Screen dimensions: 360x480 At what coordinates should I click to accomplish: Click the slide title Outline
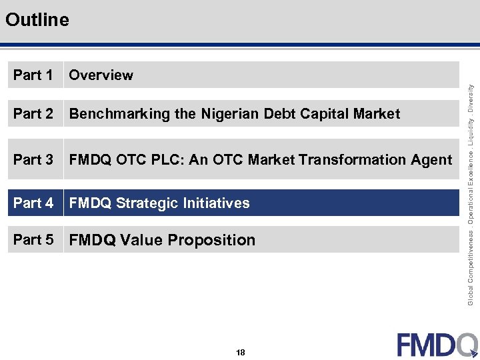pyautogui.click(x=37, y=20)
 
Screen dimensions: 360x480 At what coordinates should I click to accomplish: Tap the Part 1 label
pyautogui.click(x=33, y=75)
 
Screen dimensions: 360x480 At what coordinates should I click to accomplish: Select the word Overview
pyautogui.click(x=101, y=75)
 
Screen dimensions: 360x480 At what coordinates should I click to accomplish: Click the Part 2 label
pyautogui.click(x=33, y=114)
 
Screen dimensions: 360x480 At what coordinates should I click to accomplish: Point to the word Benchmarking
pyautogui.click(x=119, y=114)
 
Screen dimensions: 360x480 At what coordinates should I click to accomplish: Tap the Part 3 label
pyautogui.click(x=33, y=160)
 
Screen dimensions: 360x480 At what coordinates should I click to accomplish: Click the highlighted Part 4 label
pyautogui.click(x=33, y=203)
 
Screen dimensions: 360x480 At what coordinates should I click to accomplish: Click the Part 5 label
pyautogui.click(x=33, y=240)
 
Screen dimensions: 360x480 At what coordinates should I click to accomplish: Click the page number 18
pyautogui.click(x=240, y=352)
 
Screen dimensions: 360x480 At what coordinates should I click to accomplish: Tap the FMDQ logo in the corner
pyautogui.click(x=437, y=344)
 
